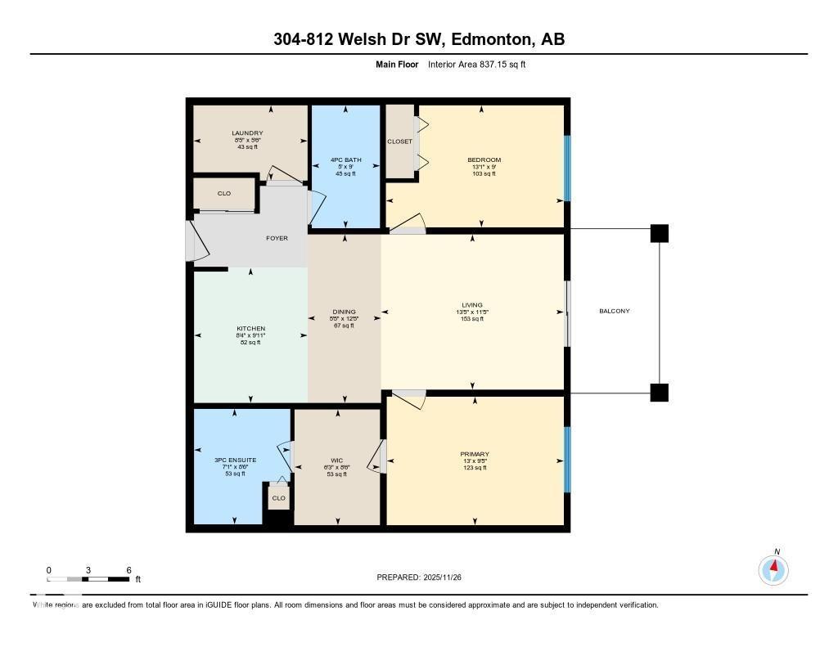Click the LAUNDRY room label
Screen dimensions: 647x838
247,133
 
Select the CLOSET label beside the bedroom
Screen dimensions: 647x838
400,142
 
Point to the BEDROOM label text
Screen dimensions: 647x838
484,160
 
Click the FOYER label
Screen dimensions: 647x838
277,238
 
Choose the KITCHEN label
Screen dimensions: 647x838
250,329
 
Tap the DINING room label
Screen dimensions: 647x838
344,312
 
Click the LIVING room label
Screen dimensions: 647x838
472,306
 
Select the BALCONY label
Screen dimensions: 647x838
614,311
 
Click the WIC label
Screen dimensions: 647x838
337,461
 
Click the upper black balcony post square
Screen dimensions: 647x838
659,233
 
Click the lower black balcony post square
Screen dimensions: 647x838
659,393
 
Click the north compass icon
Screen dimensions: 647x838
773,569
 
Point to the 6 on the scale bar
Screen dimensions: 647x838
128,570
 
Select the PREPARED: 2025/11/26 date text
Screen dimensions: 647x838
425,577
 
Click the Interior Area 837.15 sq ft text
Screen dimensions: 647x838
476,64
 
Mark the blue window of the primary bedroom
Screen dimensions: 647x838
566,459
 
